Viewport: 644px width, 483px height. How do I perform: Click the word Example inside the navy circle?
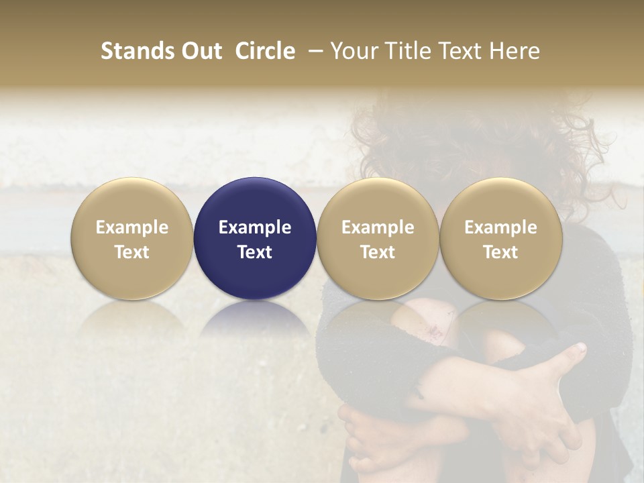255,227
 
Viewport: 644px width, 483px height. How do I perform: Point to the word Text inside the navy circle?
255,252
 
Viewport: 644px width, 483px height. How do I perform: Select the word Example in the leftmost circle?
132,227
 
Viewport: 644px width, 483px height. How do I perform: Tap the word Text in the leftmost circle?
132,252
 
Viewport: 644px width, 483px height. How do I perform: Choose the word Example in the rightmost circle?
500,227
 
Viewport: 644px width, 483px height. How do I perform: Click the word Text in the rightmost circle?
500,252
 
